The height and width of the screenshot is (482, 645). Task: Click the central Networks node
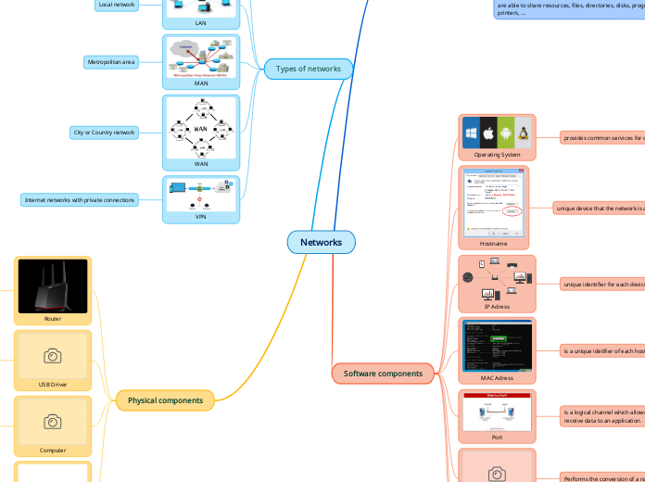[321, 242]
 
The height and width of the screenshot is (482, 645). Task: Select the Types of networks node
[309, 69]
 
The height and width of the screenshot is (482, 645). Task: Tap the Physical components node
[165, 400]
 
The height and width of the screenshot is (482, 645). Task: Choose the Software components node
[383, 374]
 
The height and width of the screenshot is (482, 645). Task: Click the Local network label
[116, 5]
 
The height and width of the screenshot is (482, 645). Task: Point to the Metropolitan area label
[110, 62]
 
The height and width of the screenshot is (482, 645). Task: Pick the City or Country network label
[104, 133]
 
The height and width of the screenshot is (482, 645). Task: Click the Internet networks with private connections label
[80, 199]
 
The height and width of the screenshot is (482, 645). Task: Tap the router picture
[53, 286]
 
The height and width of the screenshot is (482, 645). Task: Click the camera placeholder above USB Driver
[53, 356]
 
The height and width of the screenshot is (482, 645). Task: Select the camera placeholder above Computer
[53, 422]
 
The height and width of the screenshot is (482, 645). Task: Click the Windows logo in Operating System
[471, 133]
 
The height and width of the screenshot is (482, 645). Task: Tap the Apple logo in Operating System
[488, 133]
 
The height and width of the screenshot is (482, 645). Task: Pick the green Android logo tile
[506, 133]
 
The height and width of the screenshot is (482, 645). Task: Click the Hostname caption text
[493, 243]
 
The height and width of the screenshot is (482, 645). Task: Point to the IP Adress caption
[497, 306]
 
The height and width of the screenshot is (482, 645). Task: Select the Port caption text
[497, 436]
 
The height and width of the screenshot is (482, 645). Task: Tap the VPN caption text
[201, 218]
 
